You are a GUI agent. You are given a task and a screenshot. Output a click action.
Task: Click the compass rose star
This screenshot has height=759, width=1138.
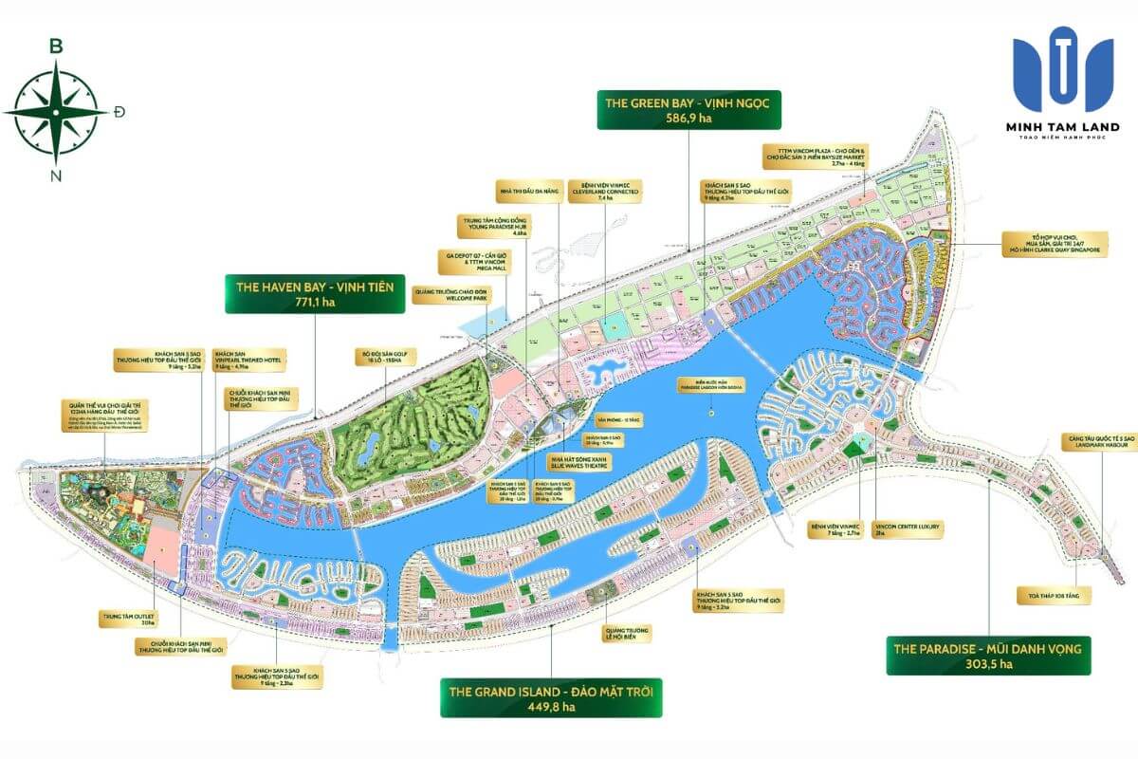tap(56, 112)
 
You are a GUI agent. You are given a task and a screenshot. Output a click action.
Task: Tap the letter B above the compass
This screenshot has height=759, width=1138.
tap(56, 46)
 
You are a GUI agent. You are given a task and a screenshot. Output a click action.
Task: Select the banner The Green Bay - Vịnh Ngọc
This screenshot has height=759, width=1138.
tap(688, 109)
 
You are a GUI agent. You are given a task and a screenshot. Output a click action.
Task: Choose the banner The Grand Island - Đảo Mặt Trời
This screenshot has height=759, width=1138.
tap(551, 696)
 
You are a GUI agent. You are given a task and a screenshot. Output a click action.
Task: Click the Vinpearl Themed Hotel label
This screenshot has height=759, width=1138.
tap(248, 360)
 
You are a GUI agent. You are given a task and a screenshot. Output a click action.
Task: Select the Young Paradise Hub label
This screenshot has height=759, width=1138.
tap(488, 228)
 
